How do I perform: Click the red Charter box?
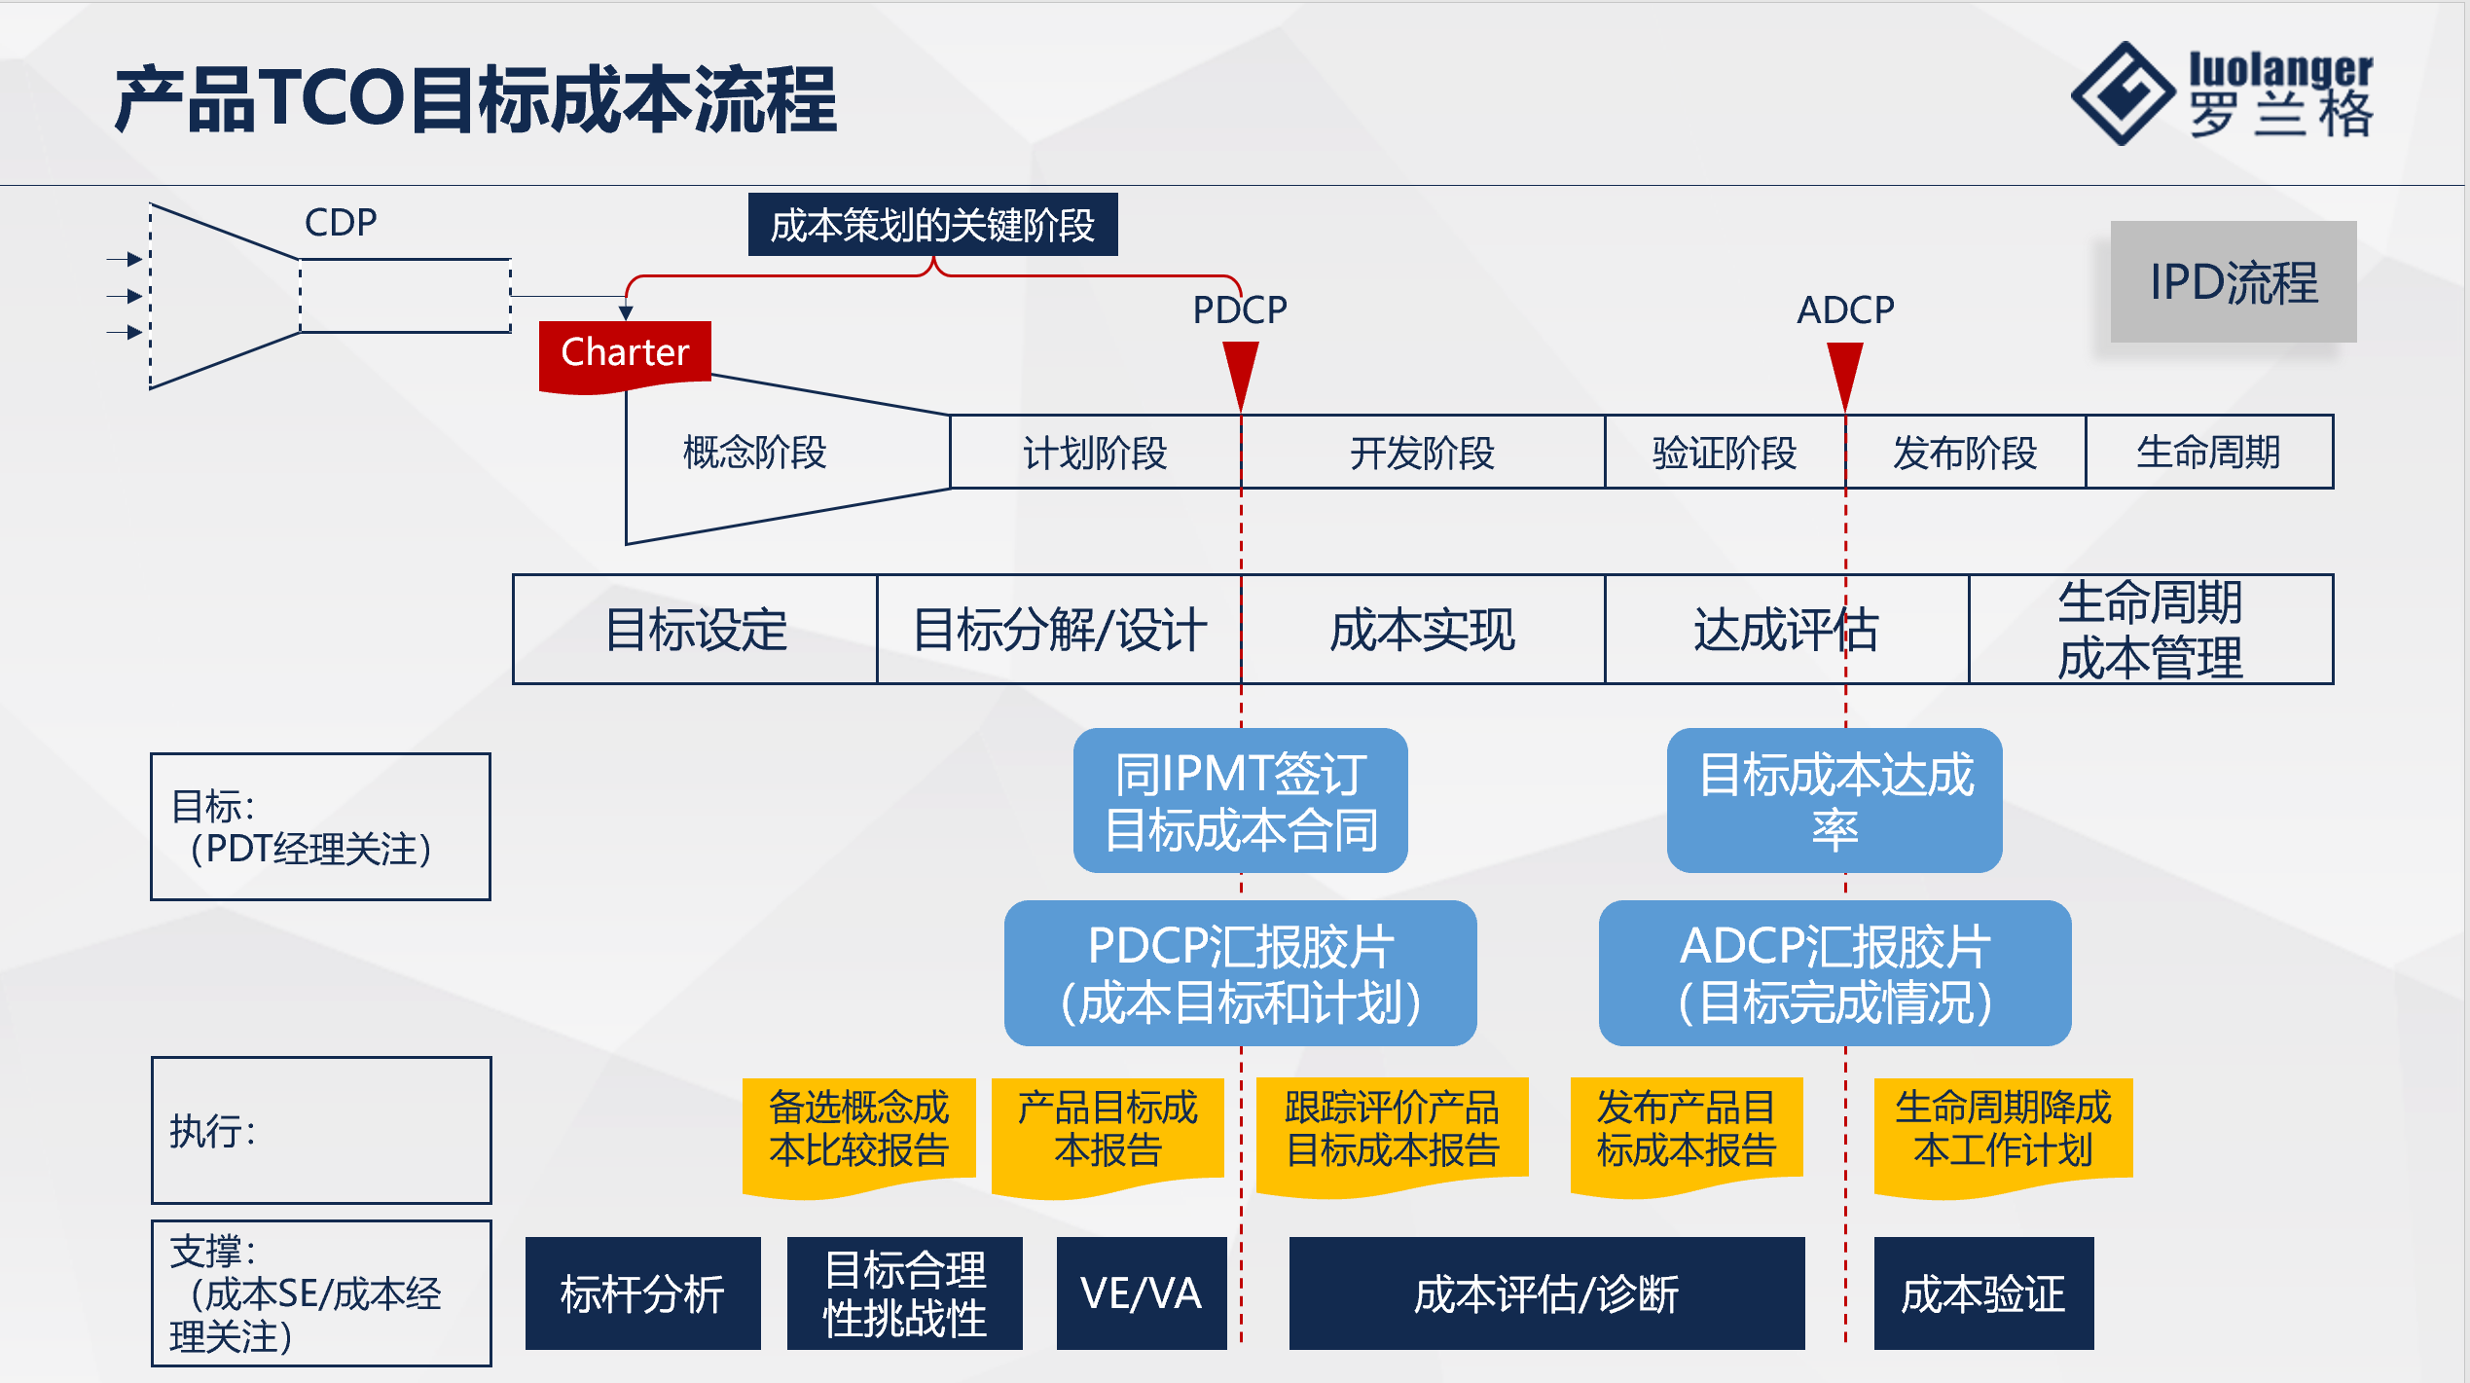point(625,354)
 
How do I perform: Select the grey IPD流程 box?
point(2233,282)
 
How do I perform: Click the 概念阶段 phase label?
point(754,453)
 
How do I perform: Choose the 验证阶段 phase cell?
point(1724,453)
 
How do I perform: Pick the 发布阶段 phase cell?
point(1964,453)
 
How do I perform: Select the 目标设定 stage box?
point(695,630)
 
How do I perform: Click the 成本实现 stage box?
point(1422,630)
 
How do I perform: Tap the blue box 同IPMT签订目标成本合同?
point(1241,801)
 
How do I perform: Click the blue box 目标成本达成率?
point(1834,801)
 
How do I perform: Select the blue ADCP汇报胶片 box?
point(1834,973)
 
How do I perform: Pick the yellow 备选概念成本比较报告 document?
point(858,1131)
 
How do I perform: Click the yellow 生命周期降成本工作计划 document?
point(2003,1131)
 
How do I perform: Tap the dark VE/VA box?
point(1141,1293)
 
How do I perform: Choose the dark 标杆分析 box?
point(642,1293)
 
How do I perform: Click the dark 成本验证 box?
point(1983,1293)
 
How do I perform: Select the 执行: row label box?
point(321,1131)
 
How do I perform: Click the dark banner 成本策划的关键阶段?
point(932,225)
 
